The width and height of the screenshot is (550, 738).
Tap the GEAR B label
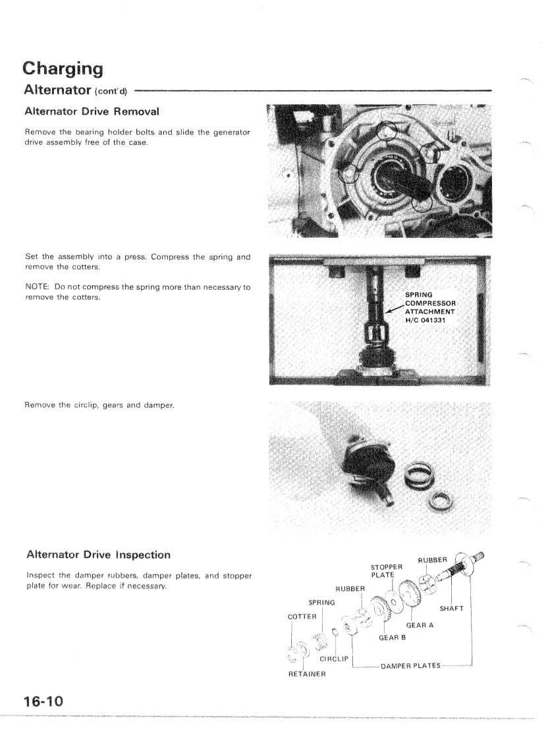tap(393, 637)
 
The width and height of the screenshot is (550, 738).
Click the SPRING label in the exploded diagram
tap(322, 602)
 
